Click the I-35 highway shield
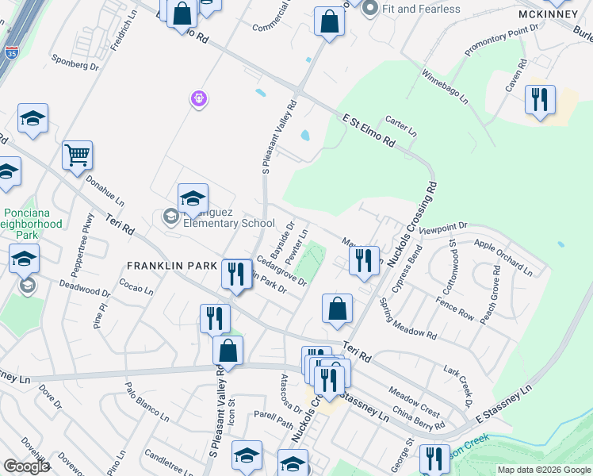point(11,52)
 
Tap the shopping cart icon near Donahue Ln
point(78,155)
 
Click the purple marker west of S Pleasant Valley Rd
point(198,98)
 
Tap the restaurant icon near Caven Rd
point(540,99)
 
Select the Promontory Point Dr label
point(502,38)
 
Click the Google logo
point(26,466)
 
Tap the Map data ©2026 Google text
point(543,470)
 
